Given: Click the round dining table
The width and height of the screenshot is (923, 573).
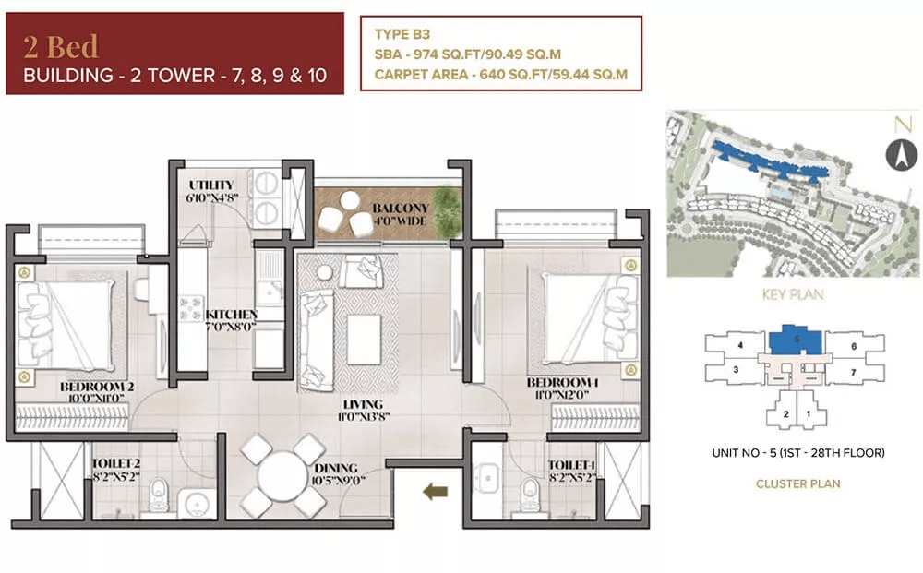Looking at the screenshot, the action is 283,476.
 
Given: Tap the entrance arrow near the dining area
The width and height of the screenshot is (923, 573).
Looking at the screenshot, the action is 436,491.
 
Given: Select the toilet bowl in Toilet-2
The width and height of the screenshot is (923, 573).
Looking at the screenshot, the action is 158,494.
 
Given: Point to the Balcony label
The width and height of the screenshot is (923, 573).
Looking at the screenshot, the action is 401,209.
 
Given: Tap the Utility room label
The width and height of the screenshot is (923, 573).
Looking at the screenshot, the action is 210,185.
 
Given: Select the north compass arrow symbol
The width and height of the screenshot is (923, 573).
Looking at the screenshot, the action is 901,155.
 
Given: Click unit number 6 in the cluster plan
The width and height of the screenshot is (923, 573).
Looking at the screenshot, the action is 854,347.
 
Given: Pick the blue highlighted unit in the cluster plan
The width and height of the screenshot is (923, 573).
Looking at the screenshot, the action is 796,340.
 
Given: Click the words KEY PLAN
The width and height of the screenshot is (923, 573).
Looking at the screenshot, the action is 792,294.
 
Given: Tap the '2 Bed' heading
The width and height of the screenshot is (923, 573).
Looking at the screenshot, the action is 61,46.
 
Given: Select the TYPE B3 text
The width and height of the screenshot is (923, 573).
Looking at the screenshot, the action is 402,34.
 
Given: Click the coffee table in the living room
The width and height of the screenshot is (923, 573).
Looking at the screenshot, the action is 364,339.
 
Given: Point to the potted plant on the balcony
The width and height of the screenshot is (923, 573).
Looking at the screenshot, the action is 448,212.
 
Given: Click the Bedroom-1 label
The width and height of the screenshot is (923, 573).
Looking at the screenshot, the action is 562,382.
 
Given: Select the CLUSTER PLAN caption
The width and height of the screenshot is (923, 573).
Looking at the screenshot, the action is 797,484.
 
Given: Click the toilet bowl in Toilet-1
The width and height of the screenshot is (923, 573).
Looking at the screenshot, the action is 530,494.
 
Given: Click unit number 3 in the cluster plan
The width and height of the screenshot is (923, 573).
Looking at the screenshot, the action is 736,370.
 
